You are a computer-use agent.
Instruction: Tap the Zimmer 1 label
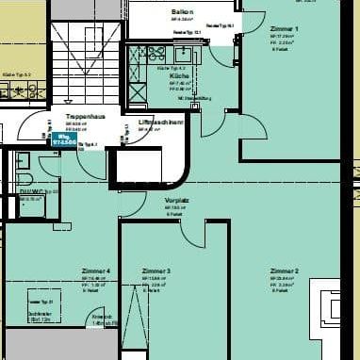tap(284, 29)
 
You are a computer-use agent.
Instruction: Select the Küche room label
tap(179, 75)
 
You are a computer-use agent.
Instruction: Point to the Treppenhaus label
tap(85, 117)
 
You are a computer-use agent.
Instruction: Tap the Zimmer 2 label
tap(284, 271)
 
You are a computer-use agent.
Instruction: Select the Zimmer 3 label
tap(155, 271)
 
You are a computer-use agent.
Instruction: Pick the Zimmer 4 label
tap(95, 271)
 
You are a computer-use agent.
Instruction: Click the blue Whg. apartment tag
tap(65, 138)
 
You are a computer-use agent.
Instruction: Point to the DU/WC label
tap(30, 192)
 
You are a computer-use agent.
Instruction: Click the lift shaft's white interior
tap(141, 165)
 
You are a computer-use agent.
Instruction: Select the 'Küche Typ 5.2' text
tap(17, 74)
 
